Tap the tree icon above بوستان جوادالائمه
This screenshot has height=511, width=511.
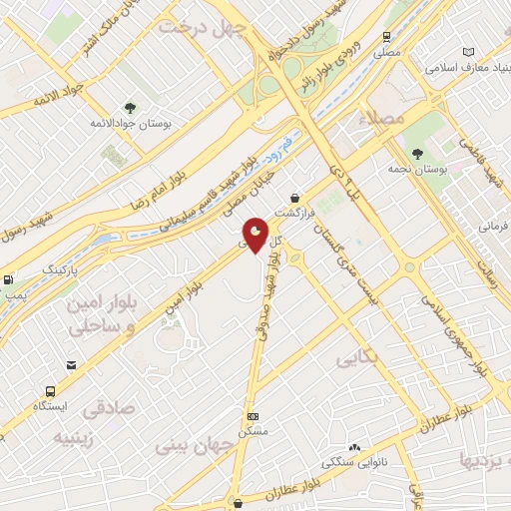pos(129,107)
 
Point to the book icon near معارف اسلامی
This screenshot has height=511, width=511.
pos(468,52)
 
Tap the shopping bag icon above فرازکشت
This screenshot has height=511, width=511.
pos(293,198)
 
